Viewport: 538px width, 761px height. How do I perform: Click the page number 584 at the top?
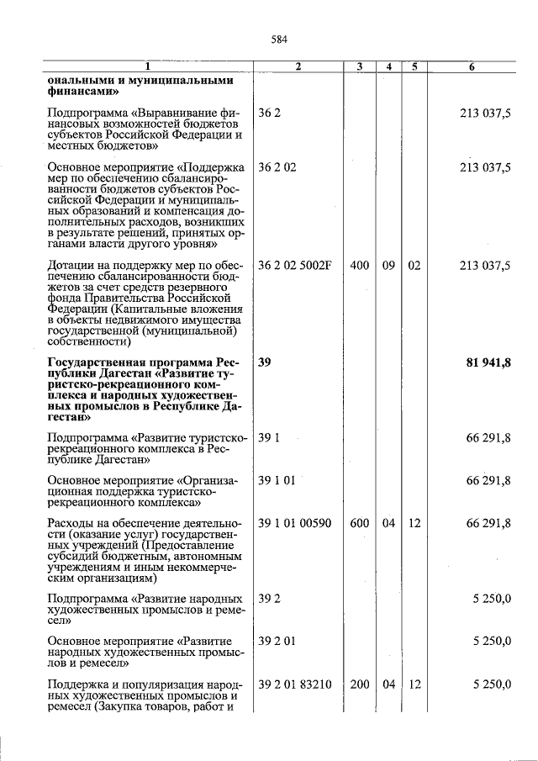click(279, 39)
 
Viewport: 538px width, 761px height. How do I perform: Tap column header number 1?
click(147, 66)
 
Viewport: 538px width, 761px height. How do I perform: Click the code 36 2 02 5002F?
click(295, 266)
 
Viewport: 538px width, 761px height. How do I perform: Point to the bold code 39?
click(265, 362)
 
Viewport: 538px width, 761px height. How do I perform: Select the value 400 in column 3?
click(359, 266)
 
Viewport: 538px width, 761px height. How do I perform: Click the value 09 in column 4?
click(388, 266)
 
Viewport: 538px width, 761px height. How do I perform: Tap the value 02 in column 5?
click(414, 266)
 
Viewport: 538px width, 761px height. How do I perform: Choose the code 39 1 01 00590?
click(295, 523)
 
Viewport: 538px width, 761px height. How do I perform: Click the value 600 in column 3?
click(359, 523)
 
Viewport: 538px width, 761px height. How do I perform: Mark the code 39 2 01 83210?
click(295, 684)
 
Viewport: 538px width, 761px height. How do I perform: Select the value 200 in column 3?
click(359, 684)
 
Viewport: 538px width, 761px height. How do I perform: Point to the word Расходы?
click(74, 523)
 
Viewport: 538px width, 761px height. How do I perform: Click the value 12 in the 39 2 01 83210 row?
click(414, 684)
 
